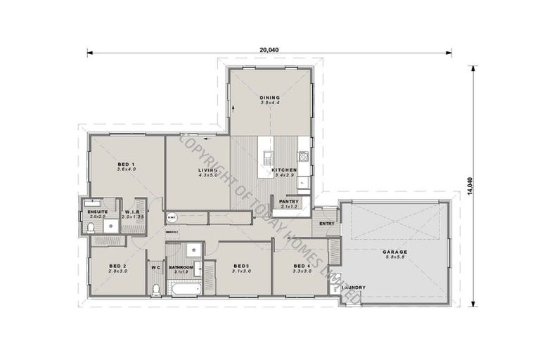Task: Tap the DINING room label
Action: pyautogui.click(x=269, y=97)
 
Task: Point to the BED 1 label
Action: pyautogui.click(x=126, y=164)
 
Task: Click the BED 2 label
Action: pyautogui.click(x=117, y=266)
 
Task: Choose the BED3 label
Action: pyautogui.click(x=242, y=266)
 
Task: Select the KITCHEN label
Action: pyautogui.click(x=284, y=169)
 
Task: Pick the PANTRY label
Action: pyautogui.click(x=289, y=202)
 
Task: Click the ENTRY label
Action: pyautogui.click(x=327, y=223)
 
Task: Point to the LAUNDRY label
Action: pyautogui.click(x=353, y=287)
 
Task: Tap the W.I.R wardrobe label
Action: pyautogui.click(x=133, y=212)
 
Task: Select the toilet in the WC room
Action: pyautogui.click(x=155, y=288)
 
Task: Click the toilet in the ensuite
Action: pyautogui.click(x=91, y=226)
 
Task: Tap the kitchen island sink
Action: pyautogui.click(x=267, y=156)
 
